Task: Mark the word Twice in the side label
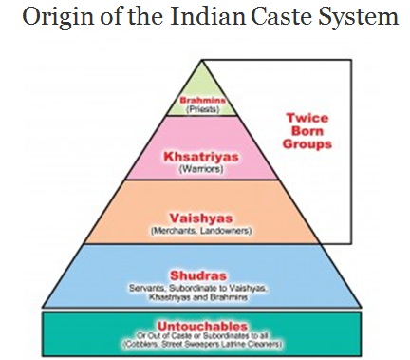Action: point(307,119)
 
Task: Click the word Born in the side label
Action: point(307,133)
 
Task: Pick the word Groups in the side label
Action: point(307,146)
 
